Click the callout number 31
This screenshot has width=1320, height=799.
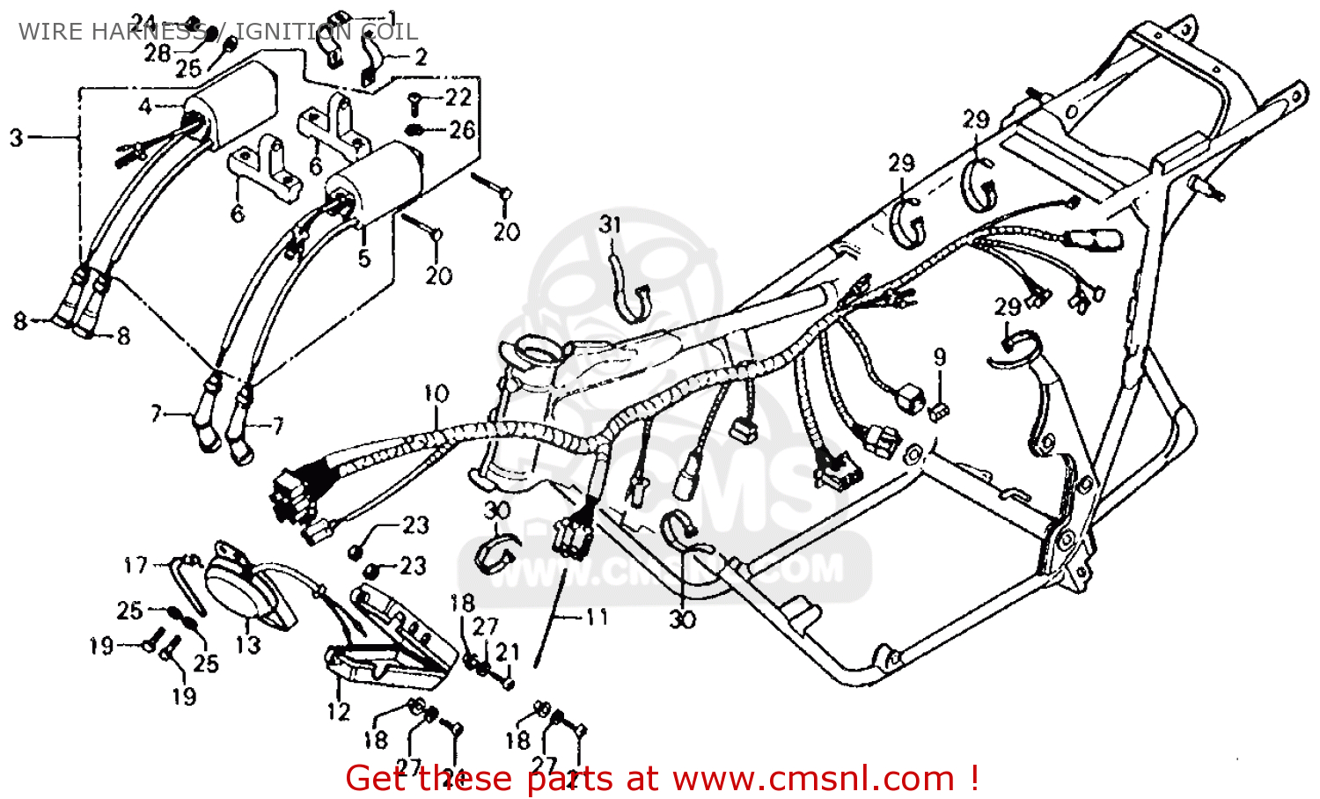click(x=611, y=224)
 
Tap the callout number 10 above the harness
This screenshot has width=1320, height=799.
click(x=436, y=393)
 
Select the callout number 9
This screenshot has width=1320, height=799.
click(x=940, y=356)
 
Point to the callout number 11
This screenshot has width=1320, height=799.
click(x=598, y=617)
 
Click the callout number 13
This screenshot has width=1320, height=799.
click(x=248, y=644)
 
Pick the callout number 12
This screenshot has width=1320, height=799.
click(x=339, y=711)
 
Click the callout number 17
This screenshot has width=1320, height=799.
click(x=136, y=564)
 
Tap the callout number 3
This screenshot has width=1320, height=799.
click(x=16, y=137)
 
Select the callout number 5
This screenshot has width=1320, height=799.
click(x=363, y=259)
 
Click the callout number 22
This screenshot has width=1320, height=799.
click(x=458, y=97)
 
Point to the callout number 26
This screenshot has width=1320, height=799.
click(x=462, y=130)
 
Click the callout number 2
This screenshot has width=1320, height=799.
click(x=421, y=57)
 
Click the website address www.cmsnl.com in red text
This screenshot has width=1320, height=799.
click(x=813, y=779)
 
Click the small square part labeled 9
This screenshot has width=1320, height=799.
click(x=939, y=409)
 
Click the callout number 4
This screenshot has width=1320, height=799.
click(x=145, y=106)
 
